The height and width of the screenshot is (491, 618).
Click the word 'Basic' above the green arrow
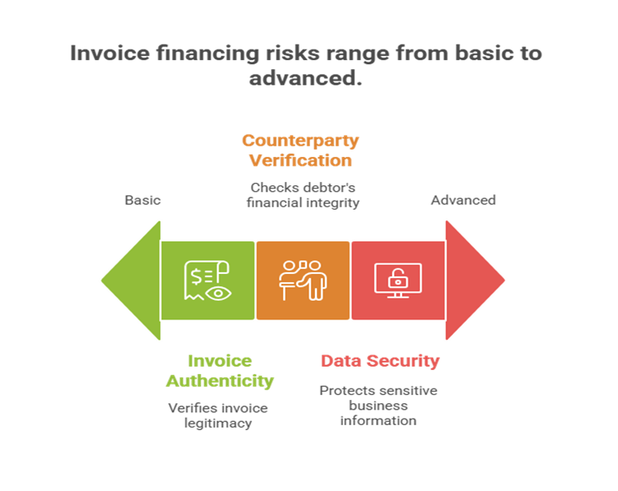(x=142, y=200)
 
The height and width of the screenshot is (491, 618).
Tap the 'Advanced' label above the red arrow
(x=463, y=200)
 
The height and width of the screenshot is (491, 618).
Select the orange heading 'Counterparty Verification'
(x=300, y=150)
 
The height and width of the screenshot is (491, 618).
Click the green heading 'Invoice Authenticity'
(x=220, y=371)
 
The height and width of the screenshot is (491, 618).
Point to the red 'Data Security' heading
(x=380, y=361)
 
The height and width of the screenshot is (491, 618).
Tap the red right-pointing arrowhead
(x=474, y=280)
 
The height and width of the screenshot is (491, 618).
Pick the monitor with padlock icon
(x=398, y=280)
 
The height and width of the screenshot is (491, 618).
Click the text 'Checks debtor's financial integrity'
(x=303, y=195)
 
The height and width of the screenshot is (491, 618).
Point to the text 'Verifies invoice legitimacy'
(x=218, y=415)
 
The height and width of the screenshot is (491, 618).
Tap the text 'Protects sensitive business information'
(x=378, y=405)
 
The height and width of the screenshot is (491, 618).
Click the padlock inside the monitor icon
(x=398, y=280)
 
